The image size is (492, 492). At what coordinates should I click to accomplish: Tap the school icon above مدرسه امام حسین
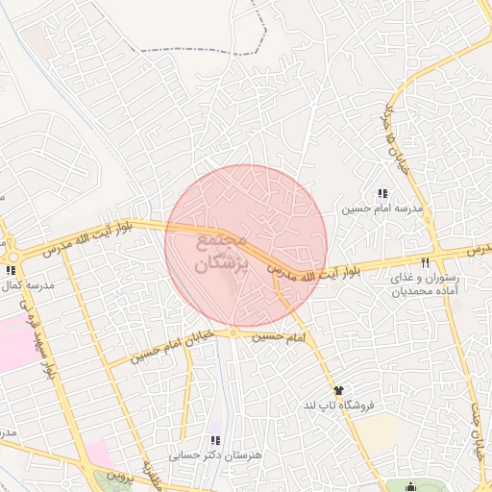[x=382, y=193]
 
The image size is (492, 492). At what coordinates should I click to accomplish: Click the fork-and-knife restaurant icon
[x=425, y=261]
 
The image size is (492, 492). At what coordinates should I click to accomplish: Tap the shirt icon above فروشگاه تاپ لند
[x=337, y=389]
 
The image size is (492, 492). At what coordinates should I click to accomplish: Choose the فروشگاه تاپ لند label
[x=337, y=405]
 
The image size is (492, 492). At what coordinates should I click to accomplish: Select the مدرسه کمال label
[x=30, y=285]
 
